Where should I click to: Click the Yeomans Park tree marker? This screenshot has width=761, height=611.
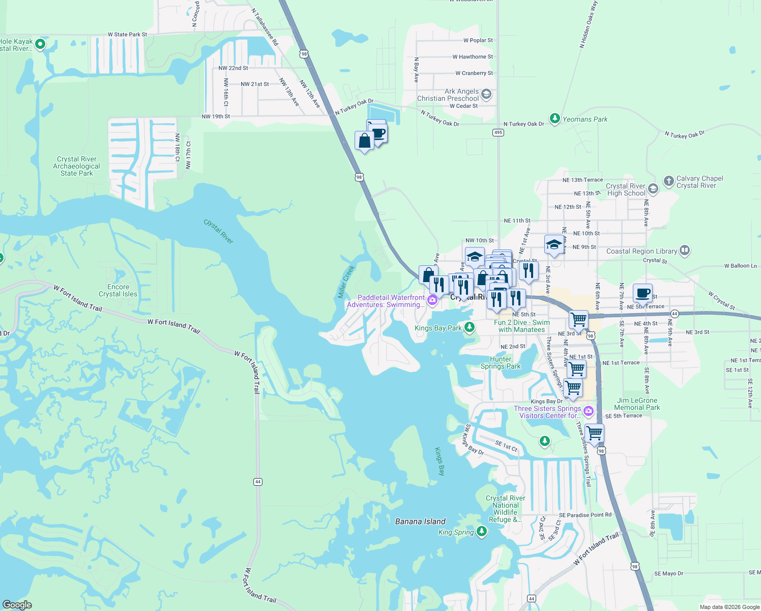pos(555,119)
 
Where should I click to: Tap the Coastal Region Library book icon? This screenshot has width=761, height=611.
pos(684,251)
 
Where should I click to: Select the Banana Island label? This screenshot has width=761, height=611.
pos(420,521)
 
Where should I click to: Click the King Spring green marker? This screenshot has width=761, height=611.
pos(481,532)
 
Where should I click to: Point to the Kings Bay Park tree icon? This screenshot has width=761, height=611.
pos(470,327)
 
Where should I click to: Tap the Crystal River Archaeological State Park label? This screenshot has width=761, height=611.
pos(77,166)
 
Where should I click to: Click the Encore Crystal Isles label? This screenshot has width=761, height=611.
pos(118,290)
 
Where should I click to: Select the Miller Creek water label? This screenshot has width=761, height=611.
pos(346,282)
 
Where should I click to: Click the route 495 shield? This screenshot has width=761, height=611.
pos(498,132)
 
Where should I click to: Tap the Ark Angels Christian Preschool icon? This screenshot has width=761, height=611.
pos(486,94)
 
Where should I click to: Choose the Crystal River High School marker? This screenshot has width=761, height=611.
pos(653,189)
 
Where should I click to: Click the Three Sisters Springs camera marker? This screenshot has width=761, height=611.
pos(589,411)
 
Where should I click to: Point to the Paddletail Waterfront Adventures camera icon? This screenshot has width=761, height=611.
pos(432,300)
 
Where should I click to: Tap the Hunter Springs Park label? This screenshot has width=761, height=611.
pos(501,363)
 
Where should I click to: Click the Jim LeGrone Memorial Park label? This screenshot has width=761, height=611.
pos(637,404)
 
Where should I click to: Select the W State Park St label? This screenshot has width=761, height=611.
pos(127,35)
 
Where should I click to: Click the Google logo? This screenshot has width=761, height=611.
pos(17,605)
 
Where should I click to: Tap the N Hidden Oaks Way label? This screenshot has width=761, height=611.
pos(589,24)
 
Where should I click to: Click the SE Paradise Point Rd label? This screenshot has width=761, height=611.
pos(585,515)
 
